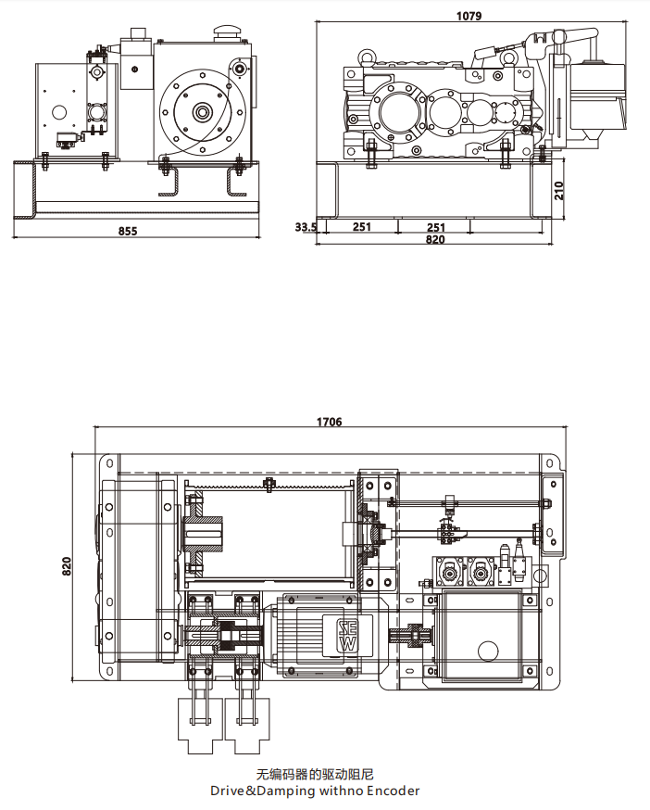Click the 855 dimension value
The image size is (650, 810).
pyautogui.click(x=128, y=232)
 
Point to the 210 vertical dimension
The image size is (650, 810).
pyautogui.click(x=558, y=192)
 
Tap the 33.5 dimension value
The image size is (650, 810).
pyautogui.click(x=306, y=227)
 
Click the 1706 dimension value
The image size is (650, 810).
pyautogui.click(x=329, y=422)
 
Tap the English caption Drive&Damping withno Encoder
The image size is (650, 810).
pyautogui.click(x=314, y=791)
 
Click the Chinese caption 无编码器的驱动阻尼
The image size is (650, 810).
pyautogui.click(x=314, y=774)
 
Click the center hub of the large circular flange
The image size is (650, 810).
pyautogui.click(x=201, y=113)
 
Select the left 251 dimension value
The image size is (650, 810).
pyautogui.click(x=361, y=227)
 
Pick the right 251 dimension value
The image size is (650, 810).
pyautogui.click(x=435, y=227)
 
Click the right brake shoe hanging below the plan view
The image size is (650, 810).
pyautogui.click(x=245, y=722)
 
